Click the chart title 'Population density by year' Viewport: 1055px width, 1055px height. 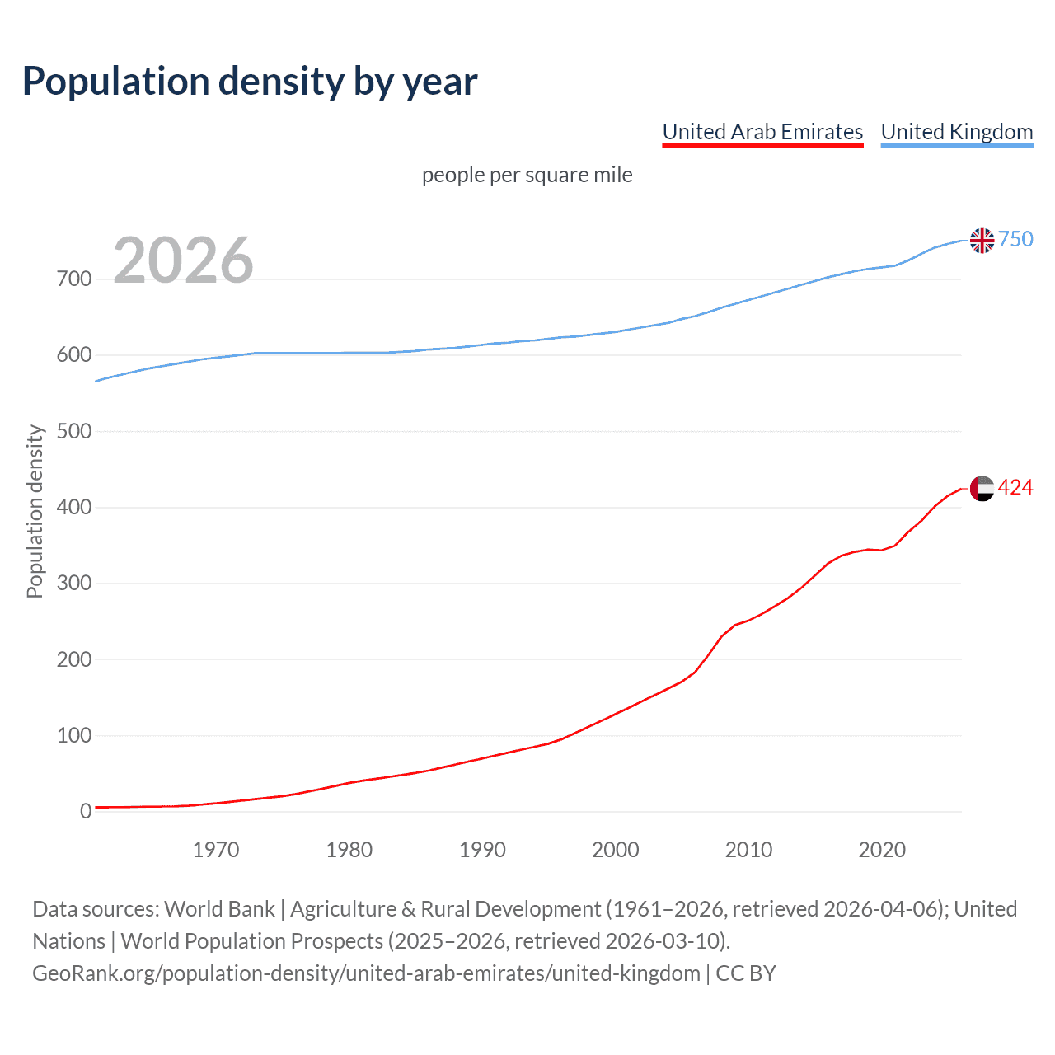pos(250,81)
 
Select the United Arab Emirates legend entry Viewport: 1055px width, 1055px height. pos(762,132)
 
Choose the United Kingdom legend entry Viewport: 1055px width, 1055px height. pos(956,132)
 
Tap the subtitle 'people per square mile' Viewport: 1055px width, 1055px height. pos(527,175)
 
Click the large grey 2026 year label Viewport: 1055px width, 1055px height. pos(183,260)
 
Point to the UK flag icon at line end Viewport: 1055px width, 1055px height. pos(982,240)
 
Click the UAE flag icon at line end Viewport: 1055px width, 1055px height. pos(982,488)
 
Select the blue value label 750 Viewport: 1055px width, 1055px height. pos(1015,239)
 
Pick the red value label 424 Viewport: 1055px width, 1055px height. pos(1015,488)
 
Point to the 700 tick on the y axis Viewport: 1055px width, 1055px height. pos(74,279)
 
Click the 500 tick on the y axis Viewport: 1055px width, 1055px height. pos(74,431)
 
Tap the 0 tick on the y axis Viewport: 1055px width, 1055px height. pos(86,811)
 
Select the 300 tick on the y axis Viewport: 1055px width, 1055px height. pos(74,584)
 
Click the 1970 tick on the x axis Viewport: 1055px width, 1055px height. pos(216,850)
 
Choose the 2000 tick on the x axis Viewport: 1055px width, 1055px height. pos(615,850)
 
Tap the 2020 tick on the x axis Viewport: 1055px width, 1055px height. pos(882,850)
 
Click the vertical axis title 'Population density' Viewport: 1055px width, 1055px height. pos(35,511)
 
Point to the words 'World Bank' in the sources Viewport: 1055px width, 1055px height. pos(219,909)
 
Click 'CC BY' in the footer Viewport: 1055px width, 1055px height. pos(746,973)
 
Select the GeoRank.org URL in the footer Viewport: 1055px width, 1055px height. pos(366,973)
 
